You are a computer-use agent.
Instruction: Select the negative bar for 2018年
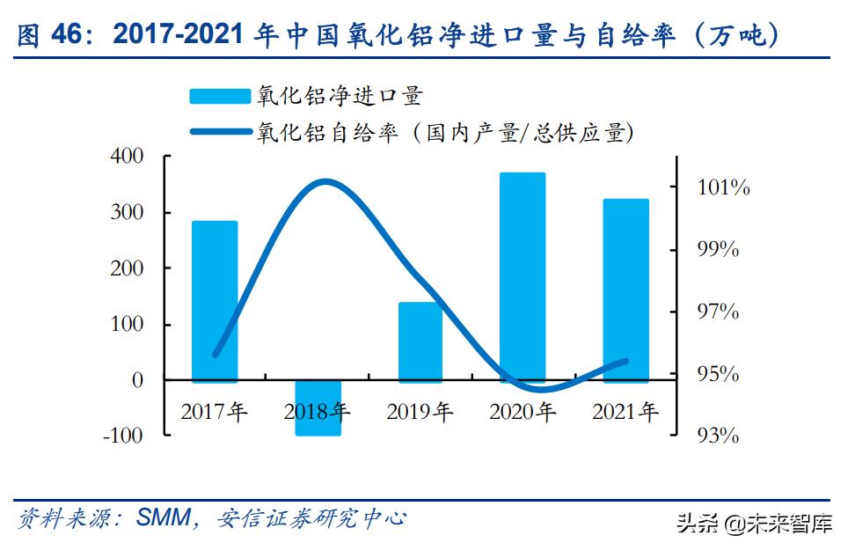tap(318, 407)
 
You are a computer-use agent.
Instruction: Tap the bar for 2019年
tap(420, 341)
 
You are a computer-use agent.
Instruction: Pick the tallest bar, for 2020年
tap(523, 276)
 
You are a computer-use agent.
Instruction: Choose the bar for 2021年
tap(625, 290)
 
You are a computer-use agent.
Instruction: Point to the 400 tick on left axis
tap(126, 157)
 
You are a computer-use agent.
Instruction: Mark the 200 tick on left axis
tap(126, 268)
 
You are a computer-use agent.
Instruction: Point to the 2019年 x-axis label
tap(420, 411)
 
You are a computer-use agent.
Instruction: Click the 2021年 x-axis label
tap(625, 411)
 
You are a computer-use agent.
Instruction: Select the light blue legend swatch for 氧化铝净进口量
tap(220, 96)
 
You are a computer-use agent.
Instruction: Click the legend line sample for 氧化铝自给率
tap(220, 133)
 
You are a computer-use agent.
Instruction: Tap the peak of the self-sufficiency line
tap(325, 182)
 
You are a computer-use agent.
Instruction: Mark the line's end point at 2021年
tap(626, 361)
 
